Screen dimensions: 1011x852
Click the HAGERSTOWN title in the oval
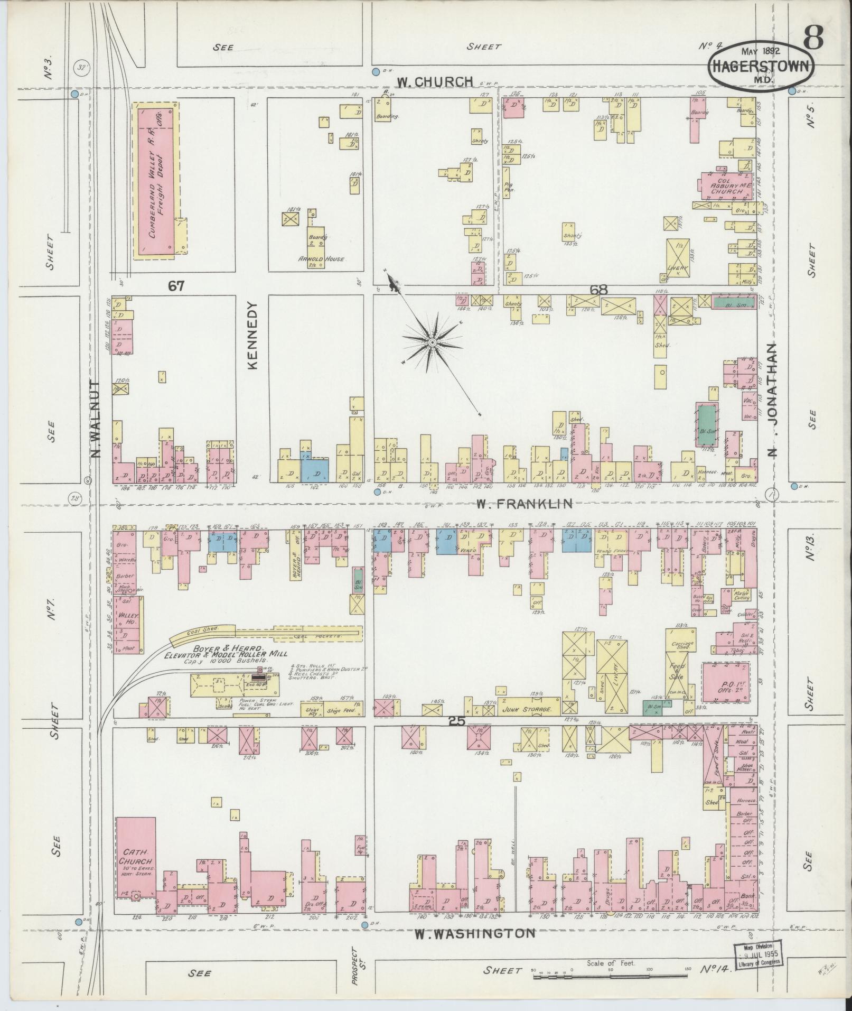coord(761,67)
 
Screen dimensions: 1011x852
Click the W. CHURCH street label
coord(435,81)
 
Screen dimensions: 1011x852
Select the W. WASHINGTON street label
coord(474,934)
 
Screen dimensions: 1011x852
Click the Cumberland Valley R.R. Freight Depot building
coord(156,180)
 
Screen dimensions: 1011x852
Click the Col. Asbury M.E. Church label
coord(726,183)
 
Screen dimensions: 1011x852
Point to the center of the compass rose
coord(433,343)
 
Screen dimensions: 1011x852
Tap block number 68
coord(600,289)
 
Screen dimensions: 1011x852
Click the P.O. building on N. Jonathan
coord(726,683)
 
